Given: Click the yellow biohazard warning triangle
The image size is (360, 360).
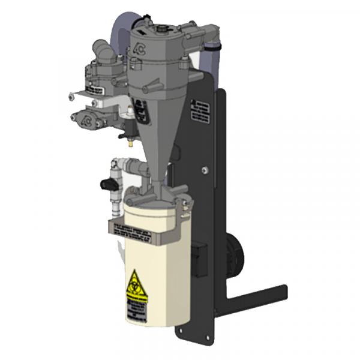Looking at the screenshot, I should click(137, 282).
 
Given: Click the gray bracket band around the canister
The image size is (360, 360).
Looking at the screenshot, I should click(144, 229).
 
